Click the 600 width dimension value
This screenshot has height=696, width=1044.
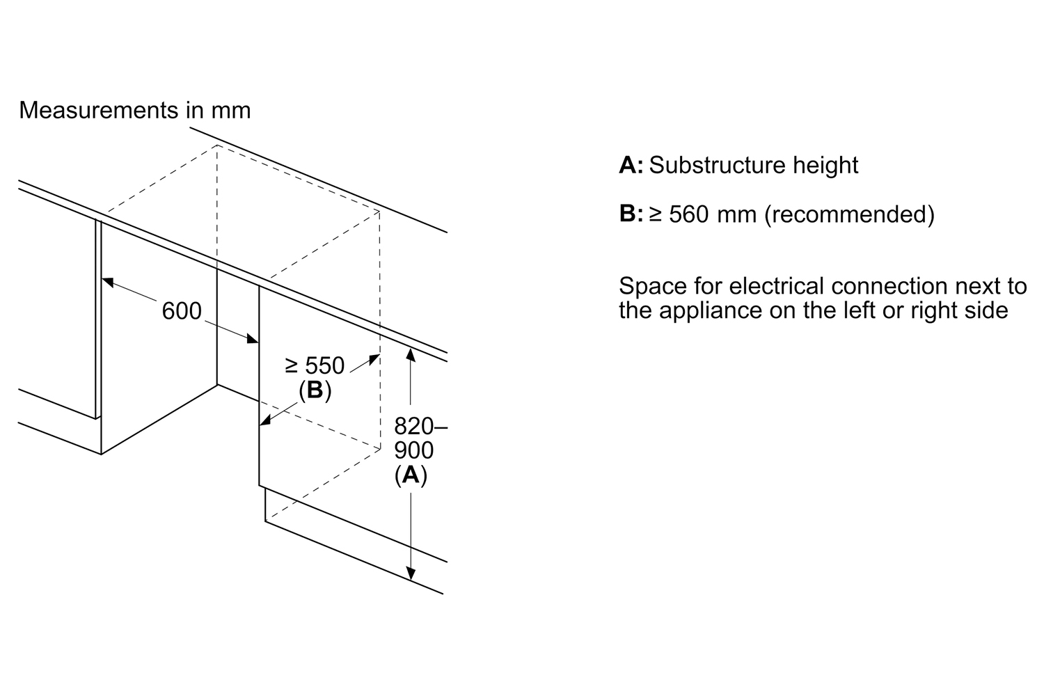point(182,311)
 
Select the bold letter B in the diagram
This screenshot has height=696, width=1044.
point(315,390)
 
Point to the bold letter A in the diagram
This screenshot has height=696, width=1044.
point(411,475)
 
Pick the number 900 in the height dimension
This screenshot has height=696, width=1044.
point(413,450)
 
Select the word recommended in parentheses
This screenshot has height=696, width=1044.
point(849,214)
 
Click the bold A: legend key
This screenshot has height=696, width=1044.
point(631,165)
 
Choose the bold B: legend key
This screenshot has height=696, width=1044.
point(631,214)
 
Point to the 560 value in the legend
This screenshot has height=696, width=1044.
point(688,214)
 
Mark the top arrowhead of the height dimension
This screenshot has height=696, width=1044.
point(411,353)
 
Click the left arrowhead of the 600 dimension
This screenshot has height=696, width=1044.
point(107,282)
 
